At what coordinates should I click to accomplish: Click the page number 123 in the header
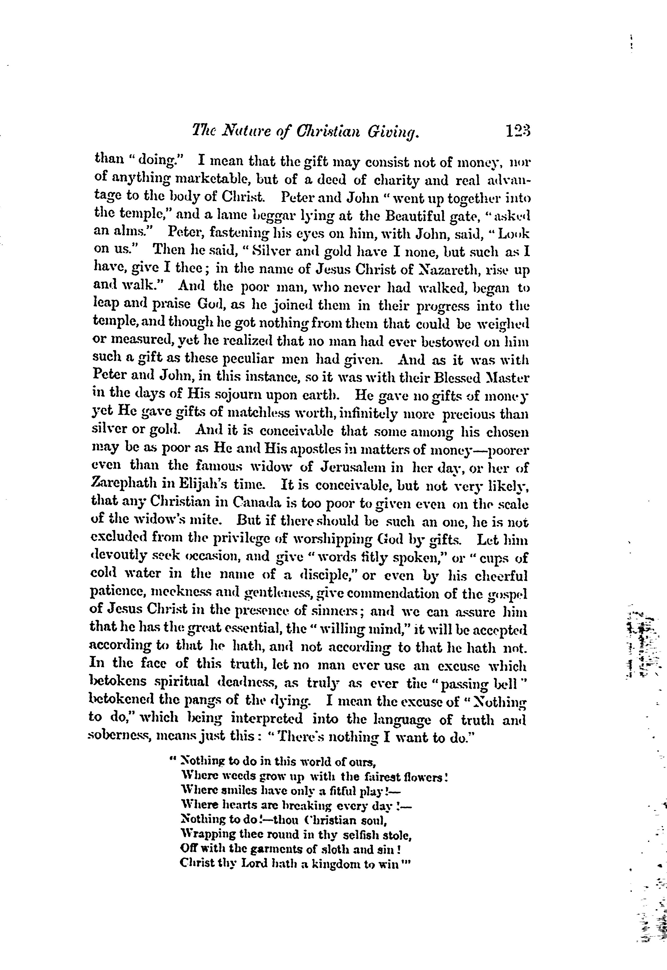(517, 133)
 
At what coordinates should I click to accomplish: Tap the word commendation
(403, 594)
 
